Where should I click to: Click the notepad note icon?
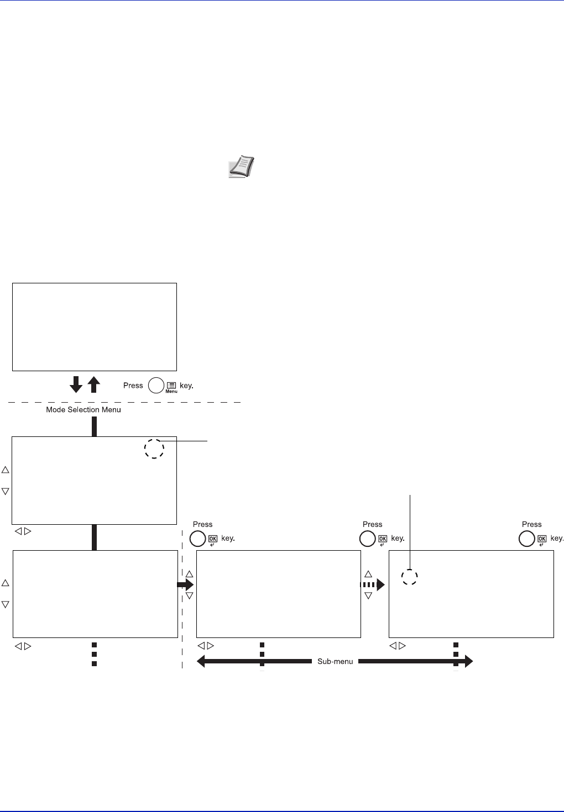click(241, 166)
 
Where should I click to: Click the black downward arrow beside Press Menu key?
click(77, 384)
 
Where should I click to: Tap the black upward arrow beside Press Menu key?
click(94, 384)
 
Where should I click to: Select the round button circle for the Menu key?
click(156, 385)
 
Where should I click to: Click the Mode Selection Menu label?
click(83, 410)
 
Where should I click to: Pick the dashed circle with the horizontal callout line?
click(154, 449)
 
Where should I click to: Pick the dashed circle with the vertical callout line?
click(409, 577)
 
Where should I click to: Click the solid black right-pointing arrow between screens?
click(185, 584)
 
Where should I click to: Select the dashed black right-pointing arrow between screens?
click(372, 584)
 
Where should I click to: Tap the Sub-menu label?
click(335, 661)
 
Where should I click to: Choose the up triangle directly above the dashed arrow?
click(368, 574)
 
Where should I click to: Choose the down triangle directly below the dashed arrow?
click(368, 595)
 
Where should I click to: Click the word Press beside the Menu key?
click(133, 386)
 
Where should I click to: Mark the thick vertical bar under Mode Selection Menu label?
click(94, 426)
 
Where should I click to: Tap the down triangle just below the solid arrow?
click(189, 596)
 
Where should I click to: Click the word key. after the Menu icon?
click(186, 386)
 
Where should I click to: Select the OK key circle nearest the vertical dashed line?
click(197, 539)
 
